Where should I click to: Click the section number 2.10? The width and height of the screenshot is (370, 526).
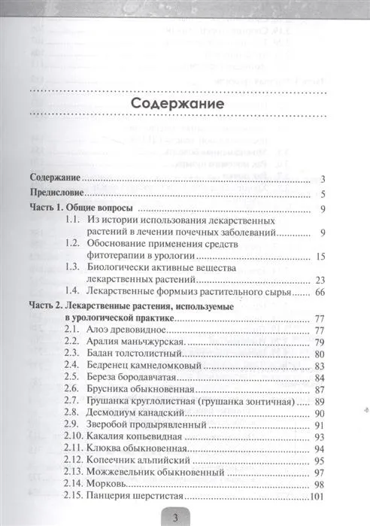pos(74,436)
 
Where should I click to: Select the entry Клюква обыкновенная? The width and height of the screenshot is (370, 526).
pos(137,448)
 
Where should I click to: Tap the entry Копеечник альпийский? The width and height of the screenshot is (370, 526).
pos(138,461)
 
